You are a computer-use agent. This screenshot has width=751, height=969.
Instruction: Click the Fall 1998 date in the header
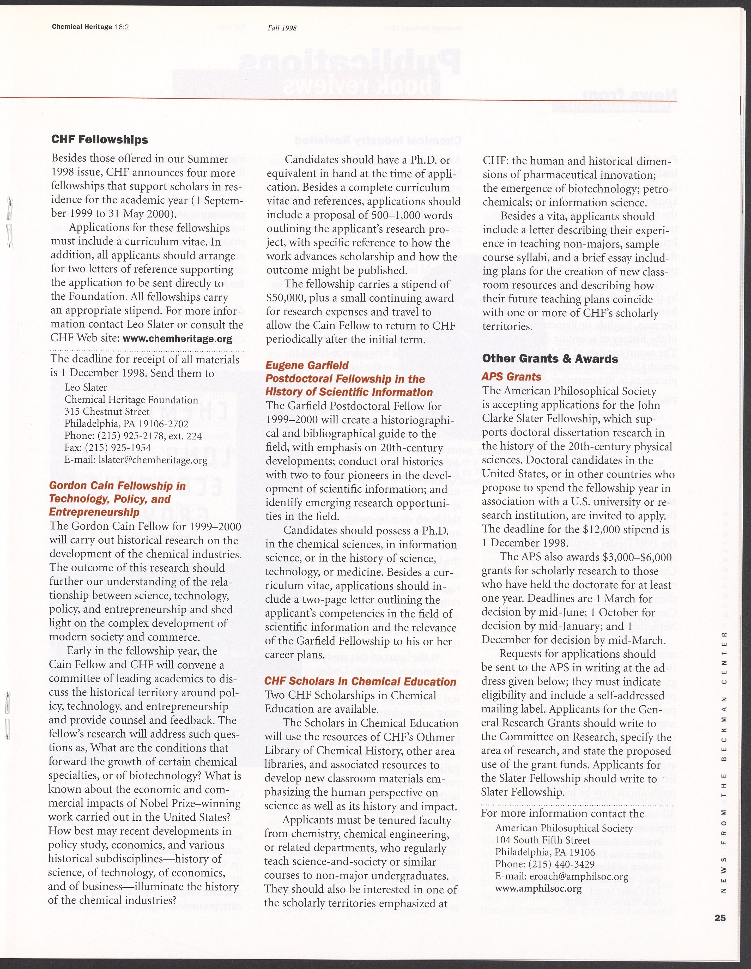(x=282, y=28)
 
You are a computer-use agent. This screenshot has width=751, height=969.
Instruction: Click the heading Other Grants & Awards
(x=550, y=359)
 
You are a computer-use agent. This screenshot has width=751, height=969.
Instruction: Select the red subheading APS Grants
(x=511, y=377)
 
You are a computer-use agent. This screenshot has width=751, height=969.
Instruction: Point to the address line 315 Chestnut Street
(x=107, y=412)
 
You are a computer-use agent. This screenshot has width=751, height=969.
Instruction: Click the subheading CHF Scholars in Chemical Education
(x=360, y=682)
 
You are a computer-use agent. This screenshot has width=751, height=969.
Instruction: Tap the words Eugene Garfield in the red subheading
(x=307, y=366)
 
